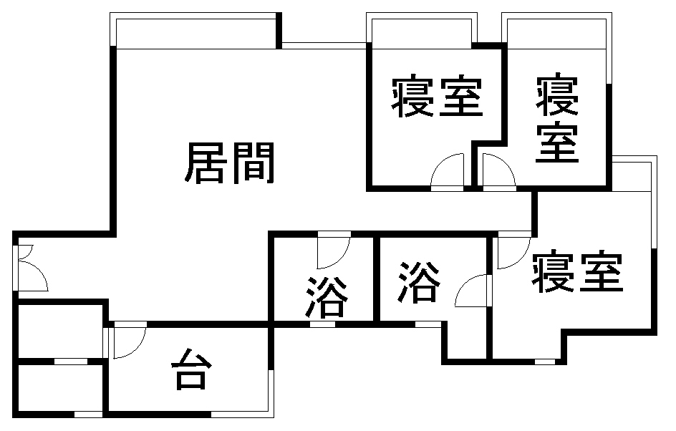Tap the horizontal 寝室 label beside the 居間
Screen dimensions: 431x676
[x=436, y=98]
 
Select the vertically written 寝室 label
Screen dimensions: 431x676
[x=558, y=119]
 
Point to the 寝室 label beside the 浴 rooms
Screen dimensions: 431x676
[x=577, y=273]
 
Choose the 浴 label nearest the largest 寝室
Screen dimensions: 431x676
[x=420, y=280]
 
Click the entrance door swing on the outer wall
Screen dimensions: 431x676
[x=30, y=268]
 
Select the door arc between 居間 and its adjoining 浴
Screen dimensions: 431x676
[x=333, y=248]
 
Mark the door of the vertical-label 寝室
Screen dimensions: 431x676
[x=498, y=172]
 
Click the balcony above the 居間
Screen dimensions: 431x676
[x=195, y=31]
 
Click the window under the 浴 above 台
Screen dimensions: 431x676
[x=322, y=324]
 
